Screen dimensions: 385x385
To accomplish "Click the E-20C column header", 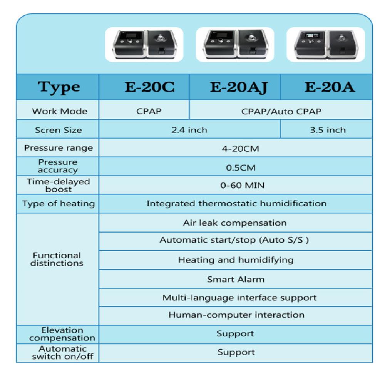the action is coord(150,87).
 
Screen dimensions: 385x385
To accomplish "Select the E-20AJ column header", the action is coord(239,87).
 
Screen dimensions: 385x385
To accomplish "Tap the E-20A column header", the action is coord(330,87).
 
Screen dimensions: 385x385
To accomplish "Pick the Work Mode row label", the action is coord(60,111).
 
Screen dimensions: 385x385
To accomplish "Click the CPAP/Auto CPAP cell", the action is coord(281,112).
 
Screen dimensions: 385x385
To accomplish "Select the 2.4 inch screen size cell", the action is coord(189,130).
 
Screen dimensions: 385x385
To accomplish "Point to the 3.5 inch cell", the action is coord(328,130).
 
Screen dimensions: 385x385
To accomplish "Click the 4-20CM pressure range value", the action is coord(240,149).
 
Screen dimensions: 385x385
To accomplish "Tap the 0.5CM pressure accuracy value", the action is coord(241,168).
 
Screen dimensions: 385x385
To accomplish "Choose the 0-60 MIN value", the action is coord(242,186).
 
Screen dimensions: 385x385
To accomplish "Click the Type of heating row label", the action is coord(59,204).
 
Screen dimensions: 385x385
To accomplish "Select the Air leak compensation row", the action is coord(235,223).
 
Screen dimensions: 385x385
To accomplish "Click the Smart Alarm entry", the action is coord(236,280).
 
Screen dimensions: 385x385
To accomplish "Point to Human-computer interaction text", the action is coord(236,315).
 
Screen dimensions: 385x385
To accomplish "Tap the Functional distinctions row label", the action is coord(57,259).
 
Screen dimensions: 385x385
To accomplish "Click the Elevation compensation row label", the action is coord(62,334).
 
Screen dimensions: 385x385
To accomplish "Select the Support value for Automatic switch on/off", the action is coord(236,352).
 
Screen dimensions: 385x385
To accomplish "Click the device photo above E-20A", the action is coord(326,44).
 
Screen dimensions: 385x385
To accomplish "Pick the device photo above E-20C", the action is coord(144,44).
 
